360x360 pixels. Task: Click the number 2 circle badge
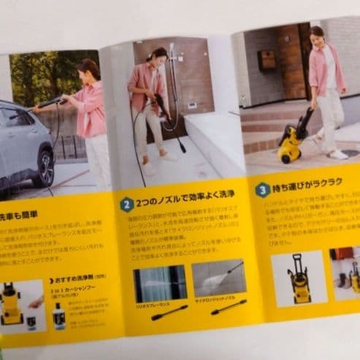[127, 204]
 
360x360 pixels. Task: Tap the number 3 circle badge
[262, 190]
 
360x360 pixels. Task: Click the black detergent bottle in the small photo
[58, 315]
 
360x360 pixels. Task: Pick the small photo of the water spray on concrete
[219, 278]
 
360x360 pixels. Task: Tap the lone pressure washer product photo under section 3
[299, 278]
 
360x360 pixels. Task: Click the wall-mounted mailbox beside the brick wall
[267, 60]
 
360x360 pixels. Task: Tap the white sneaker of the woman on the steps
[338, 154]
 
